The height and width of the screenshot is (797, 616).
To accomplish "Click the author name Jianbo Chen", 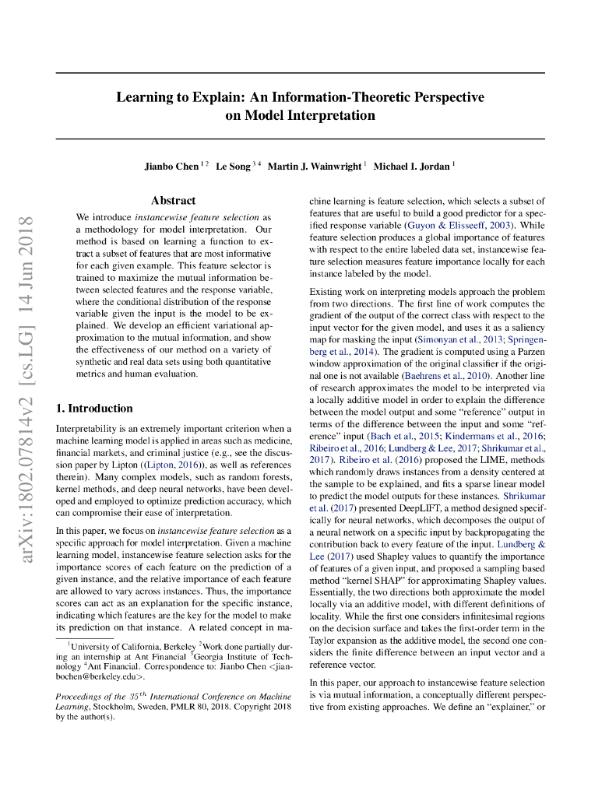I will coord(171,167).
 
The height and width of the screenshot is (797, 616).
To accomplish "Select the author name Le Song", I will coord(233,167).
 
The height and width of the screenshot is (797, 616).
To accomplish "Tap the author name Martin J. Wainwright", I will coord(315,167).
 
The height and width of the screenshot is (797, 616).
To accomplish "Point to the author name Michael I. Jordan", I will coord(411,167).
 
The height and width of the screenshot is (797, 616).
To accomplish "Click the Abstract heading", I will coord(173,200).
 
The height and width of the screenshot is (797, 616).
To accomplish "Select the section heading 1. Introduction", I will coord(94,408).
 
